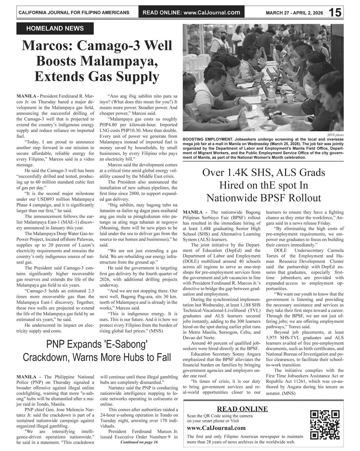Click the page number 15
coord(335,13)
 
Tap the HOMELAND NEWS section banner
coord(55,29)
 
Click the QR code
coord(325,425)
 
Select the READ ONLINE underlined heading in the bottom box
coord(242,409)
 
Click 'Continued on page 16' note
coord(139,442)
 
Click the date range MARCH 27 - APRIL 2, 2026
coord(294,13)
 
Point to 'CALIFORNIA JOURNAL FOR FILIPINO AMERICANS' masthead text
coord(74,13)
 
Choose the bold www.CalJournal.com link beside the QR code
coord(216,428)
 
